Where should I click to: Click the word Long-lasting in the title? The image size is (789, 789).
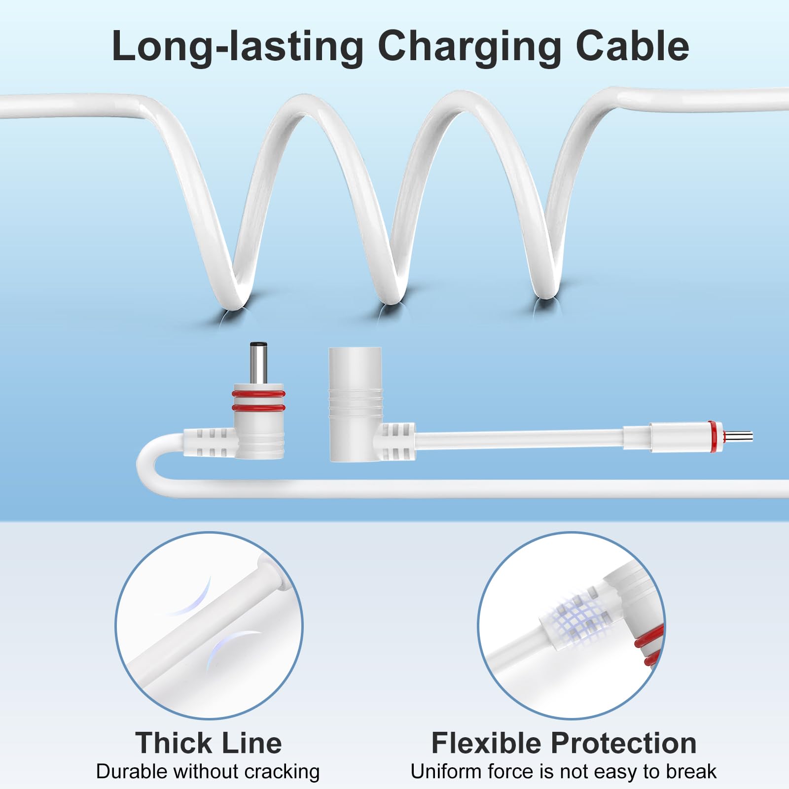point(238,47)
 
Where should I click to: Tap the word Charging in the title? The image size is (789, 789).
point(469,47)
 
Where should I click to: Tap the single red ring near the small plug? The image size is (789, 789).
point(712,437)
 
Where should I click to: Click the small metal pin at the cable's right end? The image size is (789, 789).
point(738,437)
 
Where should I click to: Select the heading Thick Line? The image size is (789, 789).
point(209,743)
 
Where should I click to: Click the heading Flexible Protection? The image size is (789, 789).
point(564,743)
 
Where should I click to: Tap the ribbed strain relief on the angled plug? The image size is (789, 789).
point(207,442)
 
